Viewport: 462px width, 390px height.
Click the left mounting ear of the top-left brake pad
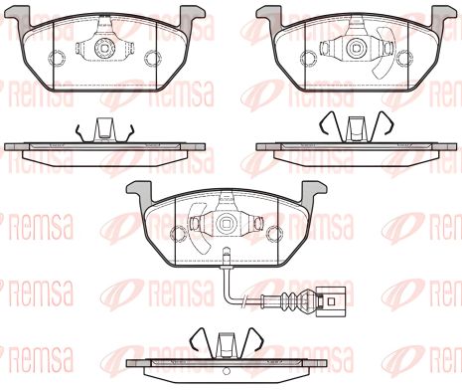pos(17,15)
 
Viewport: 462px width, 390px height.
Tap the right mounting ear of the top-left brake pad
pos(188,15)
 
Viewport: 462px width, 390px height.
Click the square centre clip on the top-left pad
pos(102,47)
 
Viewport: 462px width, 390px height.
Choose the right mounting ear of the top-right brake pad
pos(438,15)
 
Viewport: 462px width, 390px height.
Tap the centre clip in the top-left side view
pos(102,129)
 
